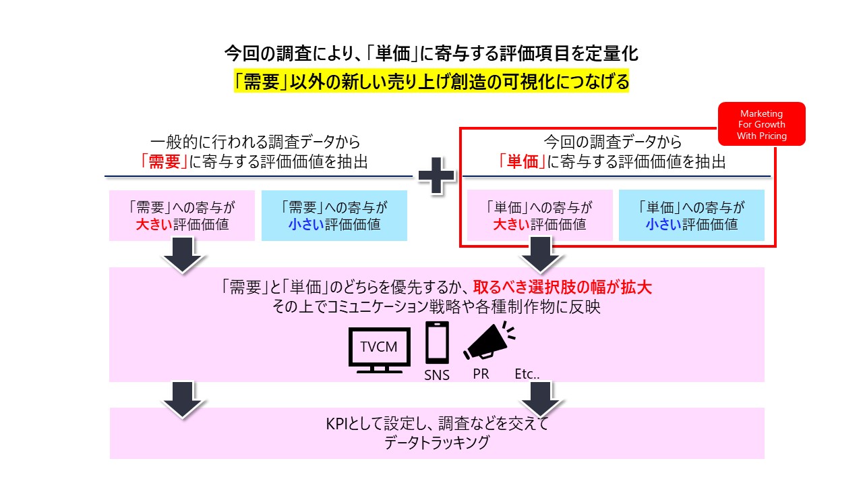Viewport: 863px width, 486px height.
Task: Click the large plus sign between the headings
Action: pyautogui.click(x=437, y=176)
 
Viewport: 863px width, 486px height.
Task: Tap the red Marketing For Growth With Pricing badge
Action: pyautogui.click(x=762, y=124)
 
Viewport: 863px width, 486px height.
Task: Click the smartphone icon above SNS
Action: pyautogui.click(x=437, y=344)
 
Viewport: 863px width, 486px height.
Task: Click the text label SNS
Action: pyautogui.click(x=437, y=375)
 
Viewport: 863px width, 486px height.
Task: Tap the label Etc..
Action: pyautogui.click(x=528, y=373)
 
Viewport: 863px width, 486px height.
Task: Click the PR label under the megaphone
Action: pyautogui.click(x=481, y=374)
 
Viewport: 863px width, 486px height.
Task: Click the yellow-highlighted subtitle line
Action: pyautogui.click(x=431, y=82)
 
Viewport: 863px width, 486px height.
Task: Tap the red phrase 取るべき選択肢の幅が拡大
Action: pyautogui.click(x=562, y=288)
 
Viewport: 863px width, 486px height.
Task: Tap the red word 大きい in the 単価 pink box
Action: pyautogui.click(x=511, y=225)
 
